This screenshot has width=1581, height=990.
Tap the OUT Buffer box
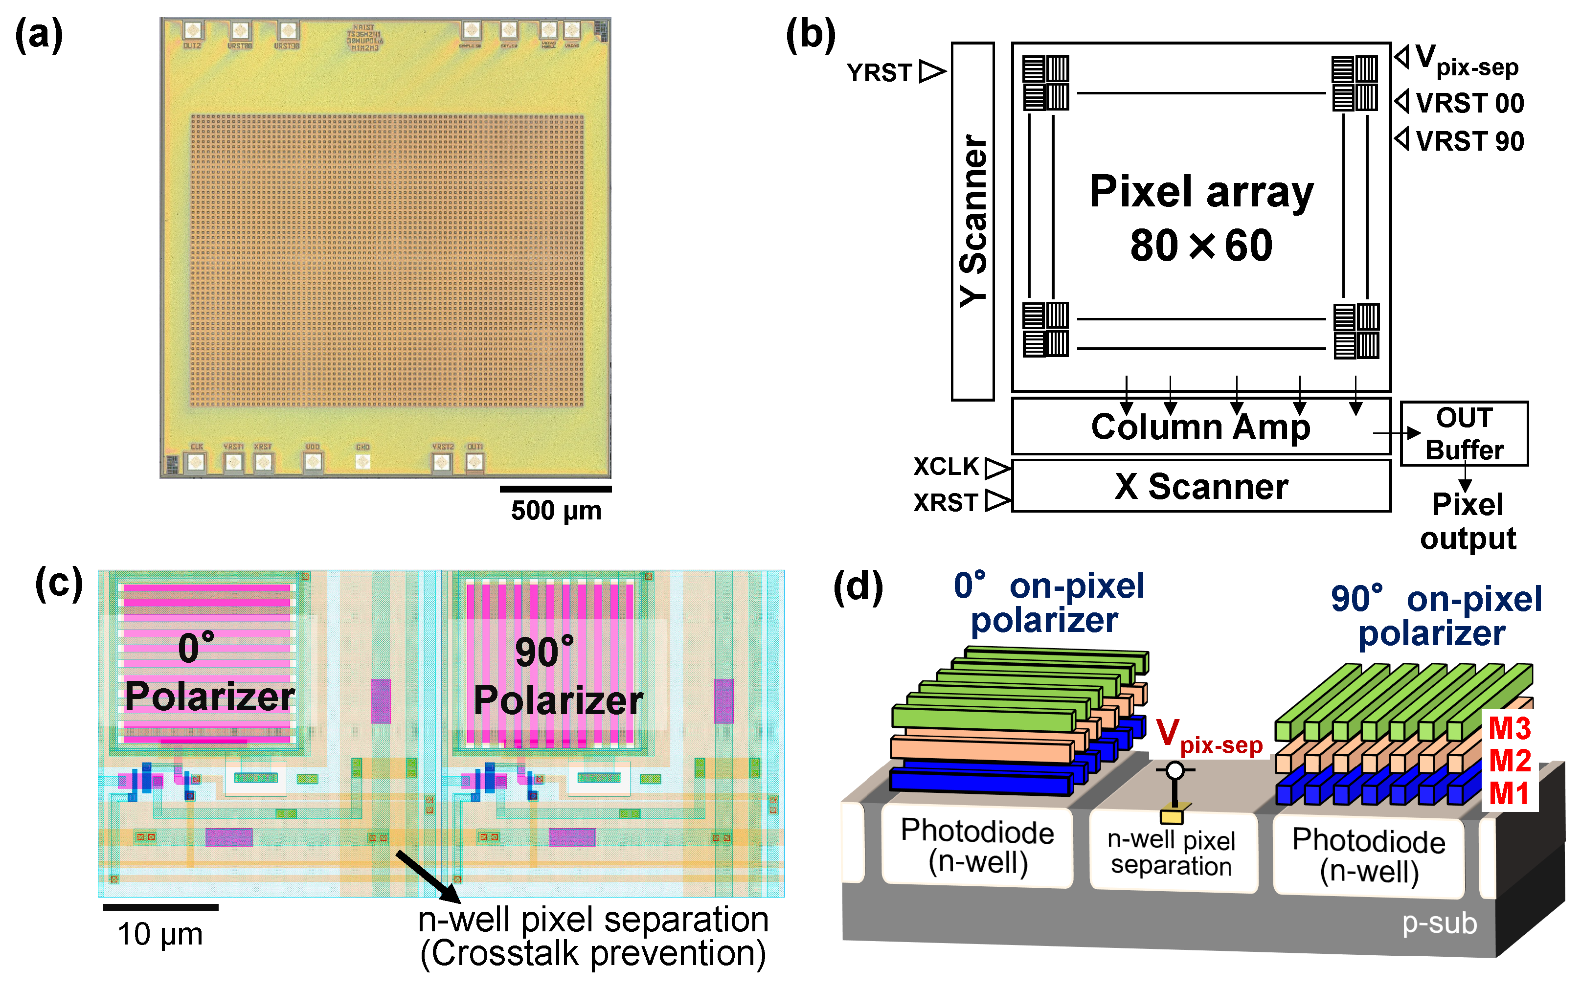pyautogui.click(x=1464, y=433)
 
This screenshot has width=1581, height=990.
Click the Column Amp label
pyautogui.click(x=1200, y=427)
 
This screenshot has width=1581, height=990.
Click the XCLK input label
pyautogui.click(x=946, y=467)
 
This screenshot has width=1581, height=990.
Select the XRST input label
pyautogui.click(x=946, y=503)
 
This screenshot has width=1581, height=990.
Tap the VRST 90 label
pyautogui.click(x=1469, y=141)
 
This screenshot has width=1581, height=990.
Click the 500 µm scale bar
pyautogui.click(x=555, y=489)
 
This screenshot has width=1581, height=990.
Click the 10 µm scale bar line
pyautogui.click(x=160, y=907)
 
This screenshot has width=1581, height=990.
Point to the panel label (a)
pyautogui.click(x=39, y=34)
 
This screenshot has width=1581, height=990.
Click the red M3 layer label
pyautogui.click(x=1510, y=728)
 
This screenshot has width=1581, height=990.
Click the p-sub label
pyautogui.click(x=1439, y=923)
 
